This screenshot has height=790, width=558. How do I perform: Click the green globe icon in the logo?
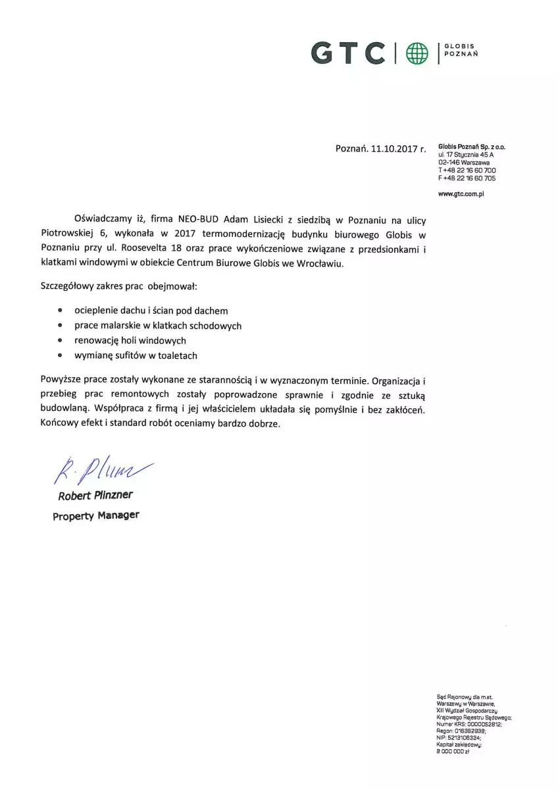point(417,53)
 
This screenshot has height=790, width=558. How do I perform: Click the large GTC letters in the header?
point(348,53)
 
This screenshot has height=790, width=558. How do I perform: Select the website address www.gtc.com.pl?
point(461,194)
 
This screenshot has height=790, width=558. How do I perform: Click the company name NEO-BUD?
point(199,219)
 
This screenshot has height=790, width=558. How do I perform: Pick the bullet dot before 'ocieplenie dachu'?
point(61,309)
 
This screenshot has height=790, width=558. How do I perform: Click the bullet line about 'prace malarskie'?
point(157,325)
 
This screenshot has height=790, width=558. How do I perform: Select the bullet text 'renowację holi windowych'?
point(130,340)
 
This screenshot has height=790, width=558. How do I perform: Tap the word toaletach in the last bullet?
point(176,355)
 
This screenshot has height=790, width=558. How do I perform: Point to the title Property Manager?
point(96,515)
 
